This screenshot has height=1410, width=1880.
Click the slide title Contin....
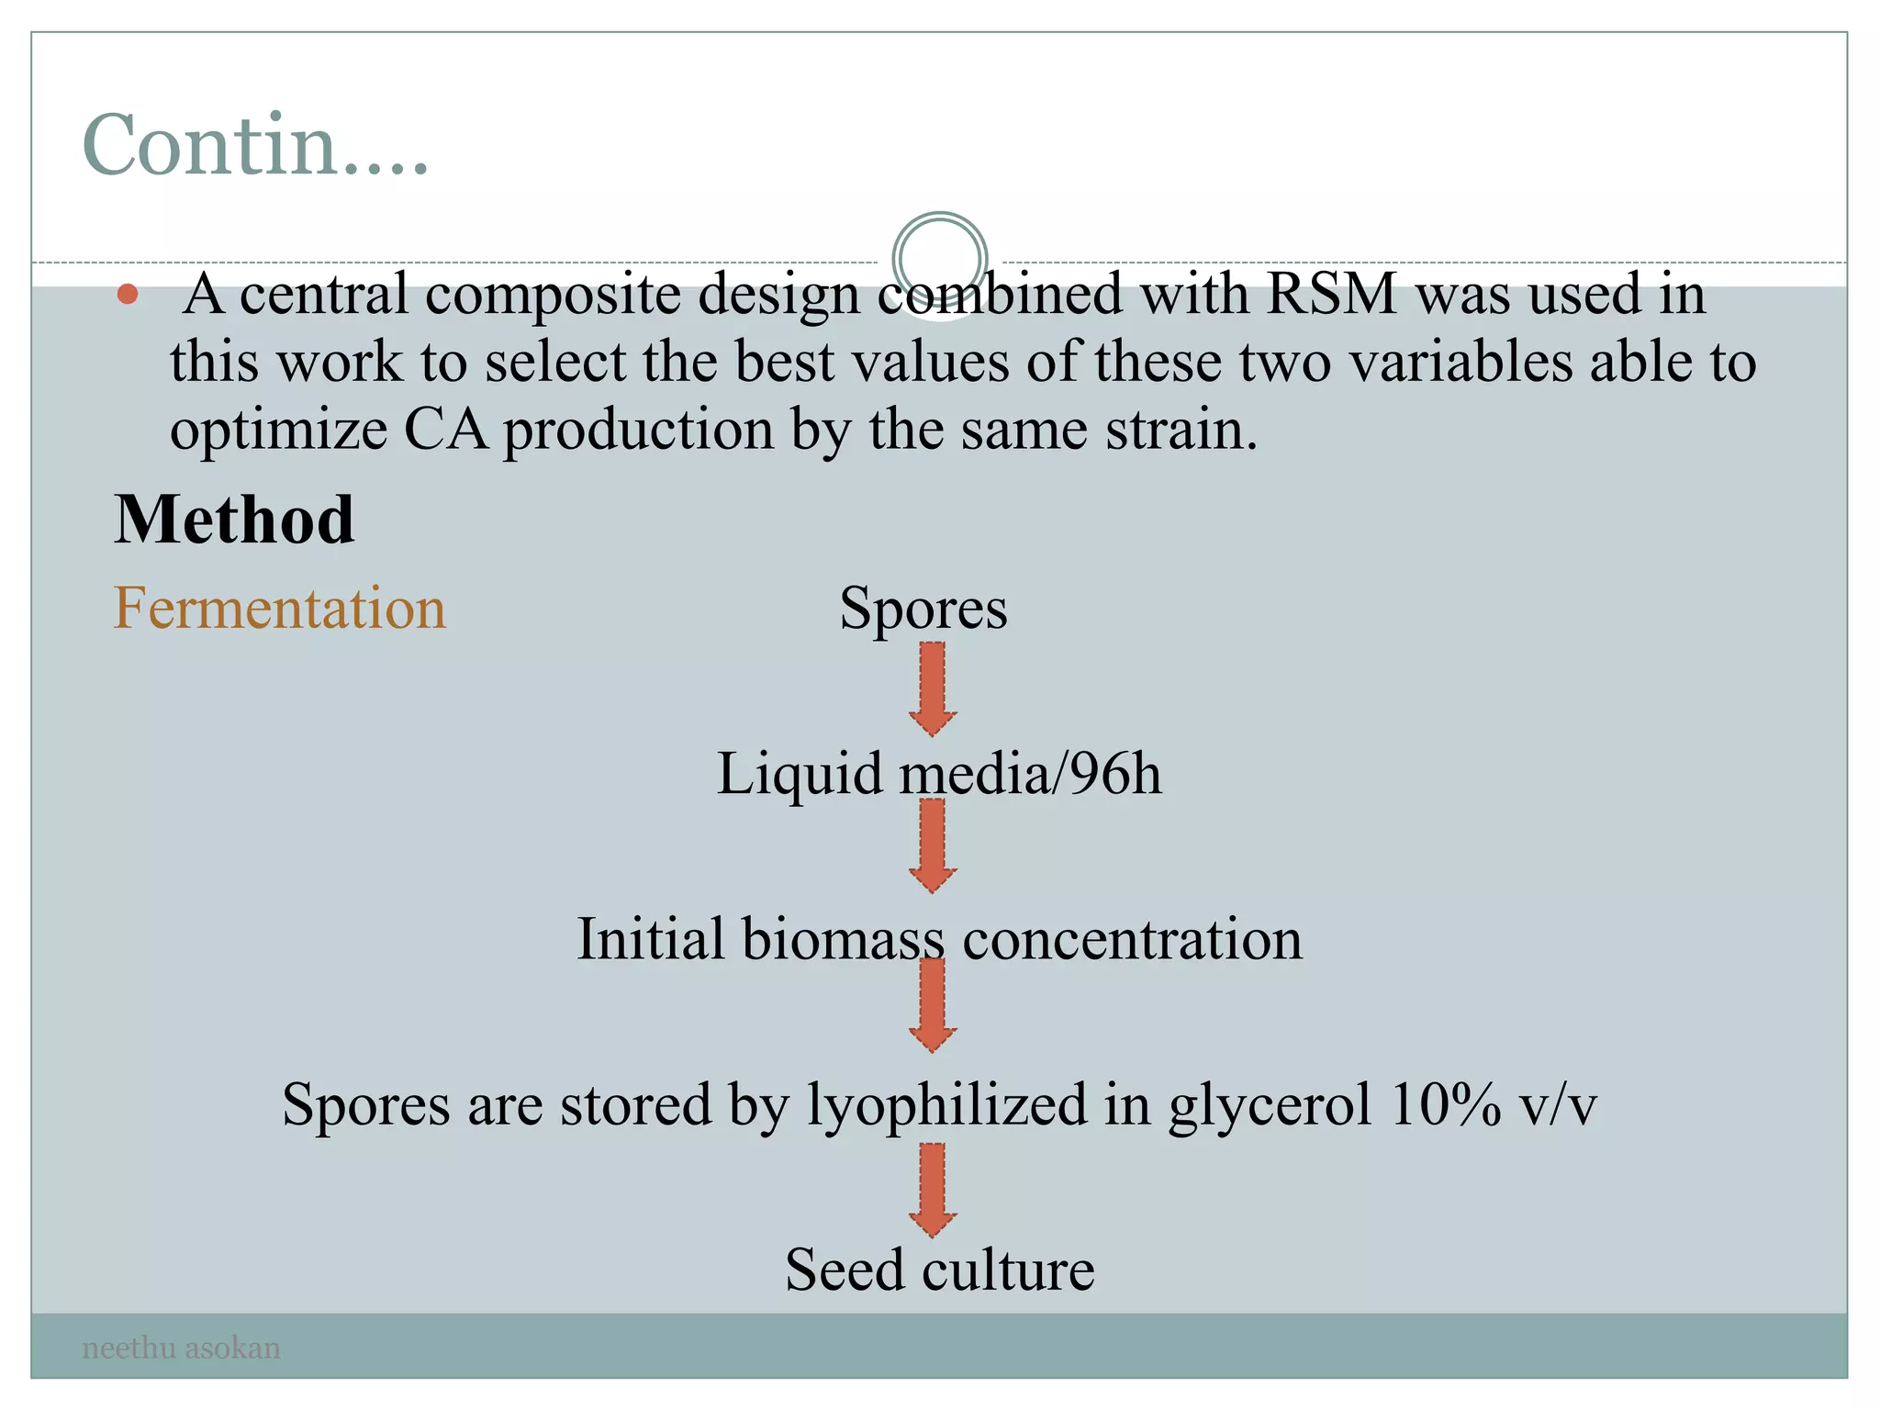pyautogui.click(x=254, y=145)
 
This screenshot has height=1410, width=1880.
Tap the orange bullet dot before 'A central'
pyautogui.click(x=128, y=295)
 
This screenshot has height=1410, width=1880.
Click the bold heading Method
pyautogui.click(x=234, y=520)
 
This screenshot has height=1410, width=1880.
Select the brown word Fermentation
pyautogui.click(x=279, y=608)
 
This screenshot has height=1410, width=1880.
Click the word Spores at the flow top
pyautogui.click(x=923, y=608)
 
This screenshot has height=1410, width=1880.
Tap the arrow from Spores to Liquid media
pyautogui.click(x=933, y=688)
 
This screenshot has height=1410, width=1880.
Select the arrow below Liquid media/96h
pyautogui.click(x=933, y=845)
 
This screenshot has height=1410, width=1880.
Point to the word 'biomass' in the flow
pyautogui.click(x=843, y=939)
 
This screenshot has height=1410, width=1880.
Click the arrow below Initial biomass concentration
pyautogui.click(x=933, y=1005)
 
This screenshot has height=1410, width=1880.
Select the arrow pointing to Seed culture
pyautogui.click(x=933, y=1189)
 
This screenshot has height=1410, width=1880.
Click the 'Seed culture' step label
pyautogui.click(x=939, y=1270)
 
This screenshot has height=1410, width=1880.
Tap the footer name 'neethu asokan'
pyautogui.click(x=181, y=1348)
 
